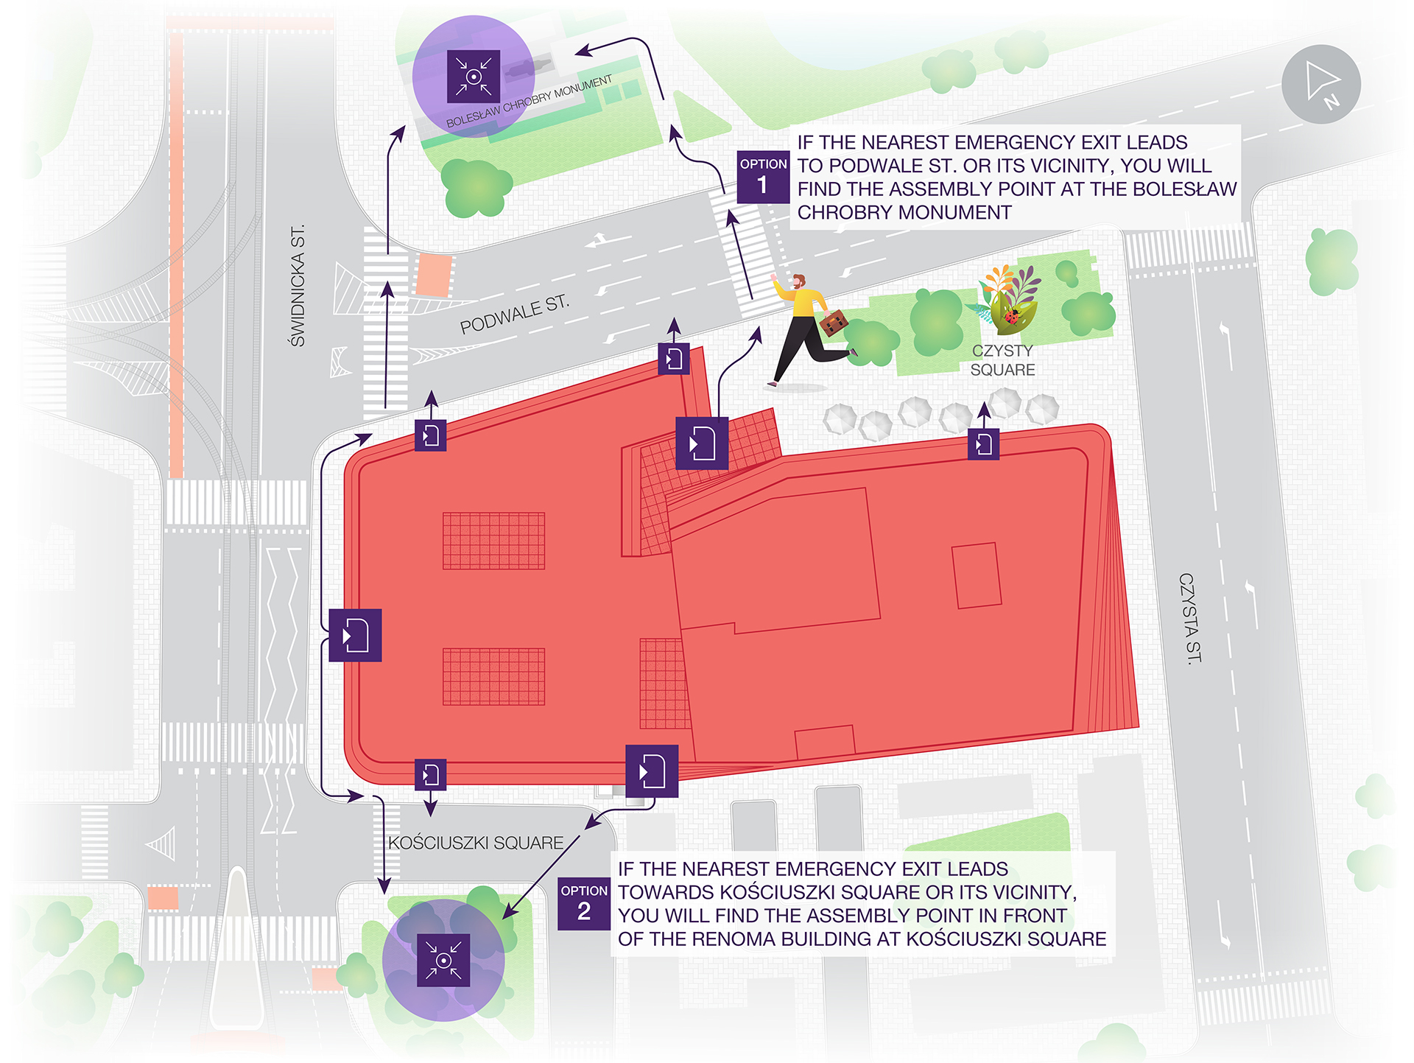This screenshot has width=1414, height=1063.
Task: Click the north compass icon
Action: tap(1320, 84)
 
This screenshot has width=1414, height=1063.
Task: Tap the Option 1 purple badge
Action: tap(763, 177)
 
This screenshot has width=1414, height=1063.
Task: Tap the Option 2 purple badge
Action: tap(583, 903)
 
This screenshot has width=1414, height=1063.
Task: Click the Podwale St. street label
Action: tap(514, 315)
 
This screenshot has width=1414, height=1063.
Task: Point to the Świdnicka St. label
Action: tap(298, 286)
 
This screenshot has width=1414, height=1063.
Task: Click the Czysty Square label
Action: tap(1002, 360)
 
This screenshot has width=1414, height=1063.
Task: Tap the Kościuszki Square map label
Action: tap(476, 843)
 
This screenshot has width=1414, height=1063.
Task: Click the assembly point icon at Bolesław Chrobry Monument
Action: tap(474, 77)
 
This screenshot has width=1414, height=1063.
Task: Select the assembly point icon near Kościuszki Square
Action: tap(443, 960)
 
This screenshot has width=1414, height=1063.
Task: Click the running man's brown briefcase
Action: tap(833, 323)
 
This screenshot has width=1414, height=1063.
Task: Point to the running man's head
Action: tap(798, 281)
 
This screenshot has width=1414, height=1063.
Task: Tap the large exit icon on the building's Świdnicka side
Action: tap(355, 635)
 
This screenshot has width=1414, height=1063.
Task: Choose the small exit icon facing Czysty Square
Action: tap(983, 444)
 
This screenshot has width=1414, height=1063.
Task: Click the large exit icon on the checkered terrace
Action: tap(702, 443)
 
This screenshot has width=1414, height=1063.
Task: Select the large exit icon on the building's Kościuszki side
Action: tap(652, 771)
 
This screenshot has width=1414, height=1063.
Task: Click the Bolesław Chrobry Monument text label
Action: tap(529, 102)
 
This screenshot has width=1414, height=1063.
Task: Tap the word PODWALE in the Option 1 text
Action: tap(893, 166)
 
